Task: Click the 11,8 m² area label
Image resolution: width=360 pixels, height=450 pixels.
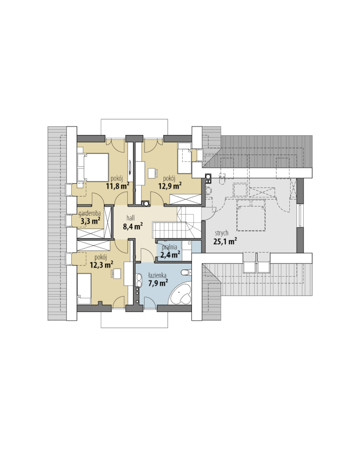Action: coord(117,185)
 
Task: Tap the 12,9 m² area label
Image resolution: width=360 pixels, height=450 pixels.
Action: coord(170,185)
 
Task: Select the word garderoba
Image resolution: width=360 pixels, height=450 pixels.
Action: coord(90,213)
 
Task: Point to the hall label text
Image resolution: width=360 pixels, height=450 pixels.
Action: coord(130,218)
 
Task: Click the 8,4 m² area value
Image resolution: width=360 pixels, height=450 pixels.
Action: coord(133,226)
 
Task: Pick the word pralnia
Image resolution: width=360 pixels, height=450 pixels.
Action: coord(170,247)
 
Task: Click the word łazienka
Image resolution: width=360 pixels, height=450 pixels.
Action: coord(157,276)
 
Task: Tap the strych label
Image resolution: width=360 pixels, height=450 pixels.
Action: coord(222,233)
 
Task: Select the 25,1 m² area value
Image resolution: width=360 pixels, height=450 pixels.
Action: coord(225,241)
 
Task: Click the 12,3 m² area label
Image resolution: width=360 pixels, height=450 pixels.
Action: coord(101,265)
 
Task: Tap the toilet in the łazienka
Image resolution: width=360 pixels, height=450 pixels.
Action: coord(187,272)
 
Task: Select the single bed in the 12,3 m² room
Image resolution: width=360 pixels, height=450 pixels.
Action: coord(84,289)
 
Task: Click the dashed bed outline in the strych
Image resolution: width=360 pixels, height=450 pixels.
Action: coord(251,216)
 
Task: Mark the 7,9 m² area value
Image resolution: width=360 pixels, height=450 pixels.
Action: coord(158,284)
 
